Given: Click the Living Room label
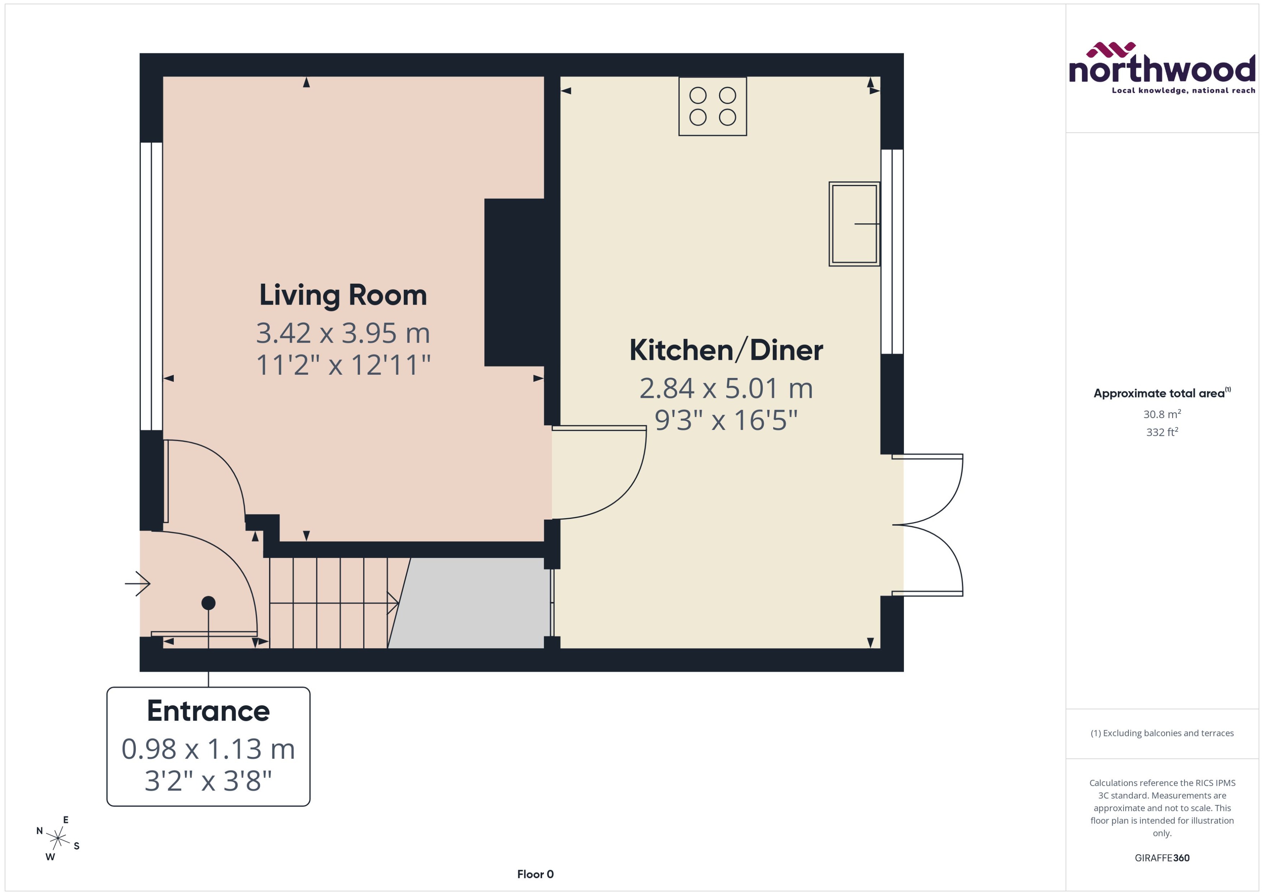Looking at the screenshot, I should (x=343, y=296).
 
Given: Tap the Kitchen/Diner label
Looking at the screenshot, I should (x=726, y=350).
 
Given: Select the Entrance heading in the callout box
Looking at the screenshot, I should (x=208, y=711).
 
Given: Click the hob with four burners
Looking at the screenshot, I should (x=712, y=106).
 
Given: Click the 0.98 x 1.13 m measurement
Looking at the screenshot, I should (x=208, y=749).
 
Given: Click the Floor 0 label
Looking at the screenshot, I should (x=535, y=874).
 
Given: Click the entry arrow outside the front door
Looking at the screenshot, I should (x=138, y=583).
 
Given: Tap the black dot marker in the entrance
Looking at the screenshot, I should (x=208, y=603).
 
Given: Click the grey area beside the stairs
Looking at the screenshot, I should (x=474, y=603).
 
